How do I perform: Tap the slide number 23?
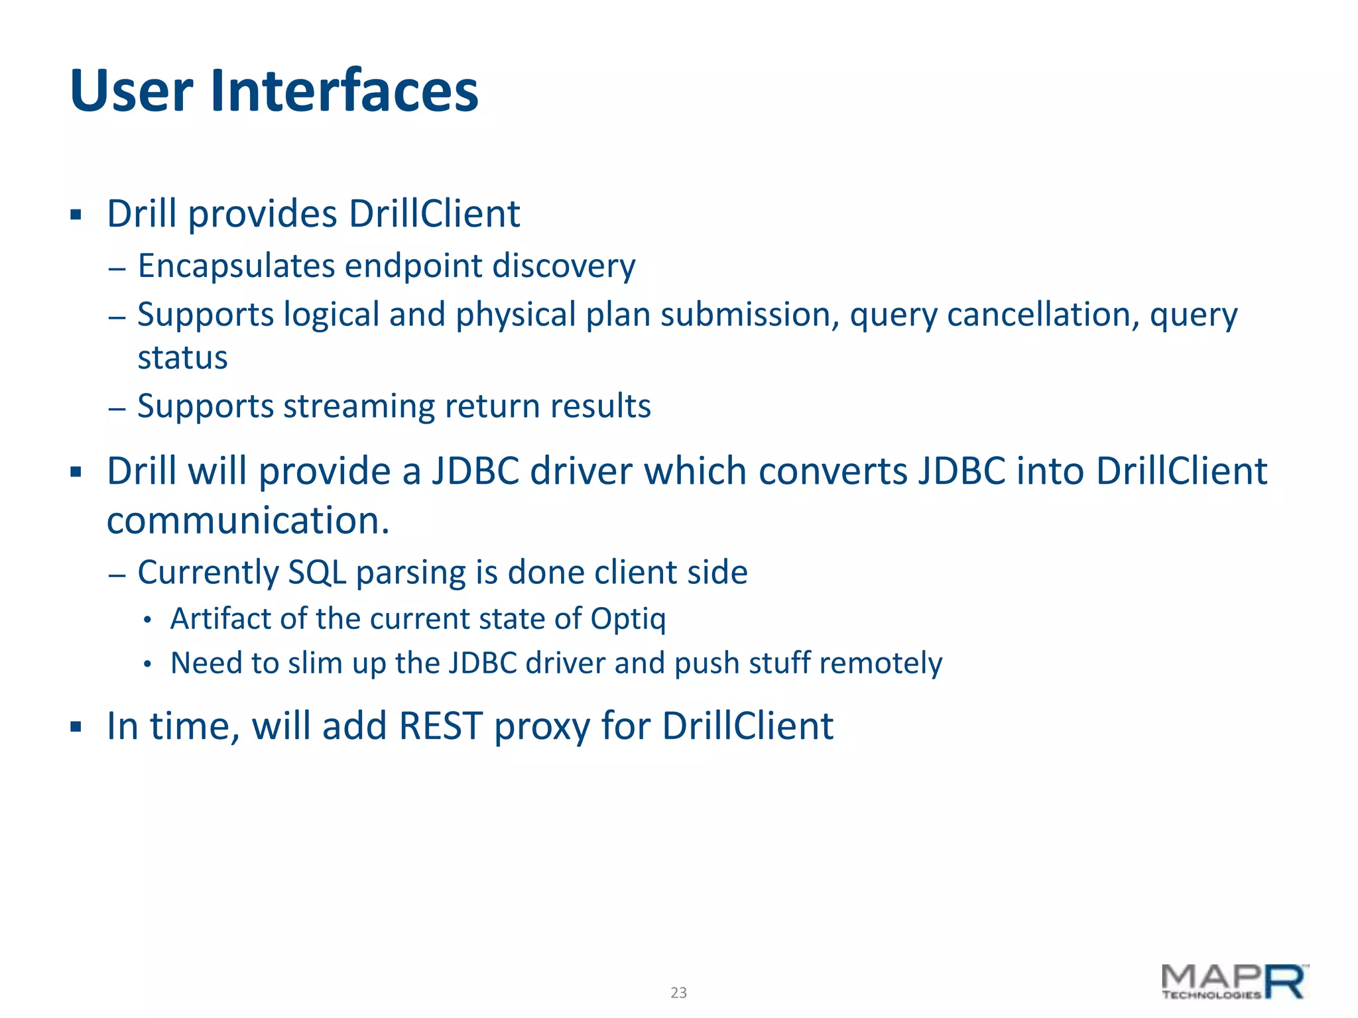point(678,992)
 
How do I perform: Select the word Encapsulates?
point(236,266)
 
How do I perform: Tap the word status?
point(182,358)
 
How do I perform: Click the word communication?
point(247,520)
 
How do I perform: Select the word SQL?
point(317,572)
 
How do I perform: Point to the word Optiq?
point(628,619)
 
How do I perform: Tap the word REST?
point(440,726)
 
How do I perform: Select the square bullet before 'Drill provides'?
point(76,215)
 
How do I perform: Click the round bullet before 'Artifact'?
point(148,620)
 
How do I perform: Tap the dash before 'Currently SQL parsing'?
point(117,574)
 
